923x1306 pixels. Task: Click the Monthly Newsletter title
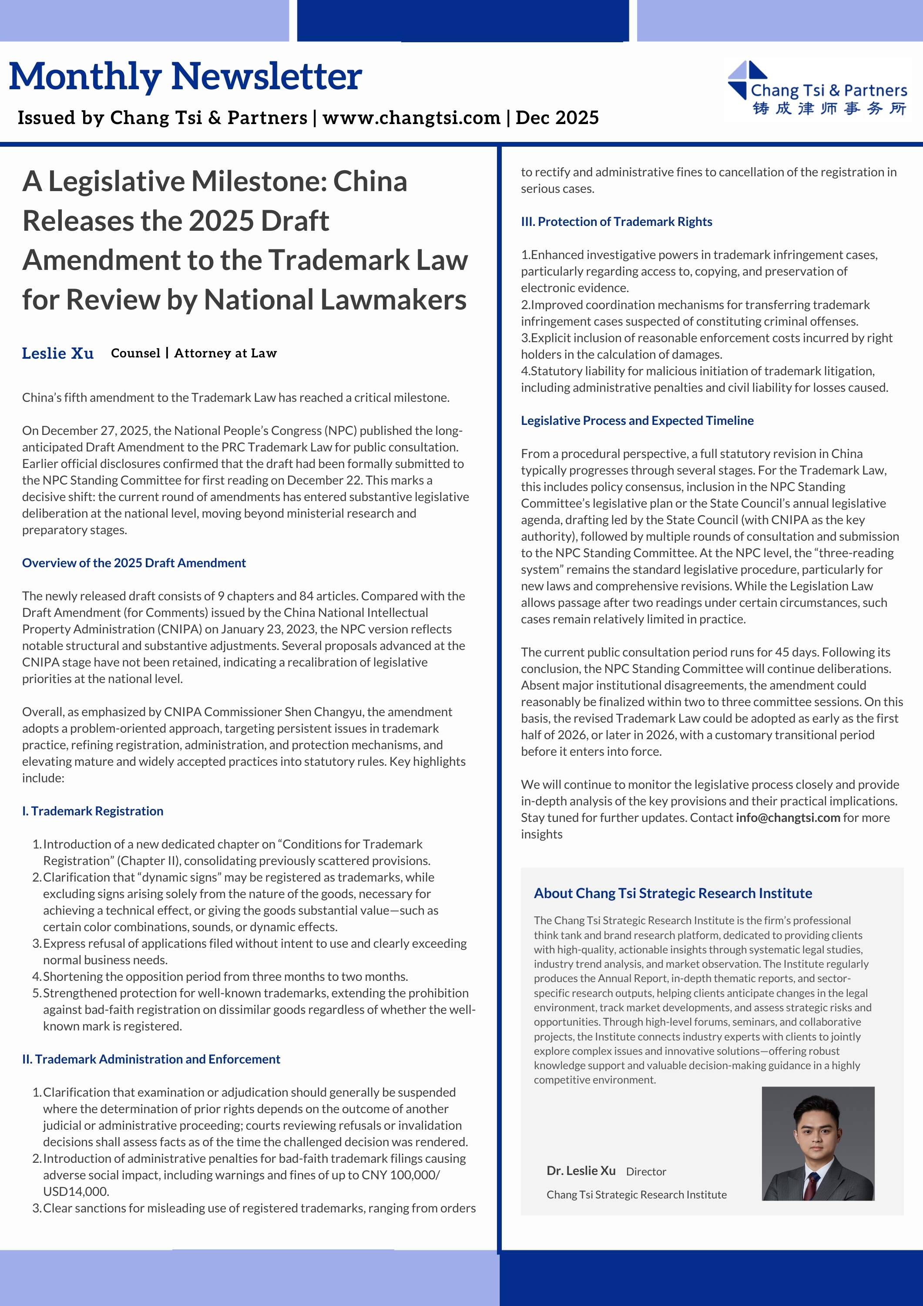point(185,76)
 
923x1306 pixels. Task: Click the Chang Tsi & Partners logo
point(817,89)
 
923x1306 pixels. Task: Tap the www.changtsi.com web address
point(411,118)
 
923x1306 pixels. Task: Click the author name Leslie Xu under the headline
point(57,353)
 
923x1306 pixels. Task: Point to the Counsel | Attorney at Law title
point(193,353)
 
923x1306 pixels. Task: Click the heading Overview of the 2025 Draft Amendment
point(134,562)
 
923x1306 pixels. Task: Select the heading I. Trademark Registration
point(93,811)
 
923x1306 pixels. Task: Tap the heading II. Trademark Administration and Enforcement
point(151,1059)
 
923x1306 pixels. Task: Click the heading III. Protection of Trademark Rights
point(617,221)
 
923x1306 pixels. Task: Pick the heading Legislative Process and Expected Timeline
point(637,421)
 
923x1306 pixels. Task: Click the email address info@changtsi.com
point(788,818)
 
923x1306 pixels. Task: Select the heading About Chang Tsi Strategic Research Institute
point(673,893)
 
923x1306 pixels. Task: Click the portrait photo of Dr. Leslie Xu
point(818,1143)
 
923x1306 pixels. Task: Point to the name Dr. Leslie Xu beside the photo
point(581,1171)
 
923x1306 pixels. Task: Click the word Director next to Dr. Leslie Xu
point(646,1171)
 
